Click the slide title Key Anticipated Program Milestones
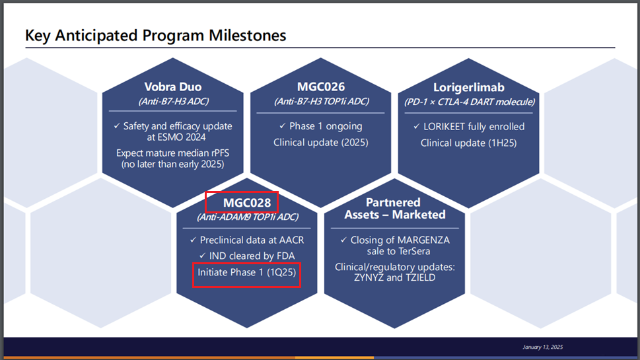pyautogui.click(x=155, y=36)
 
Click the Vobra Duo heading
pyautogui.click(x=172, y=87)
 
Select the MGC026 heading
pyautogui.click(x=321, y=87)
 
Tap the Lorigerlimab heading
pyautogui.click(x=468, y=88)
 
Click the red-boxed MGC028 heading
pyautogui.click(x=247, y=203)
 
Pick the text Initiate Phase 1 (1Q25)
pyautogui.click(x=246, y=272)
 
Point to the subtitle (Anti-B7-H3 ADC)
pyautogui.click(x=174, y=101)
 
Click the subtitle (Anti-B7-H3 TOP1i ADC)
pyautogui.click(x=321, y=101)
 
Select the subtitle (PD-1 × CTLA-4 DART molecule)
pyautogui.click(x=470, y=102)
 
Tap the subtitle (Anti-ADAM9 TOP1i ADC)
pyautogui.click(x=247, y=217)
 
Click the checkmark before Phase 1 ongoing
pyautogui.click(x=283, y=126)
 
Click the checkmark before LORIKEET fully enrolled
pyautogui.click(x=416, y=127)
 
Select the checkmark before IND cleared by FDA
pyautogui.click(x=203, y=256)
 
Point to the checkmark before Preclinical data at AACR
pyautogui.click(x=193, y=240)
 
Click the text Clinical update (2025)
pyautogui.click(x=321, y=143)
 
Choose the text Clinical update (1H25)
pyautogui.click(x=468, y=143)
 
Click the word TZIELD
pyautogui.click(x=421, y=277)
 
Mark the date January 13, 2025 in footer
pyautogui.click(x=542, y=347)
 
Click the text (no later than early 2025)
pyautogui.click(x=172, y=164)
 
